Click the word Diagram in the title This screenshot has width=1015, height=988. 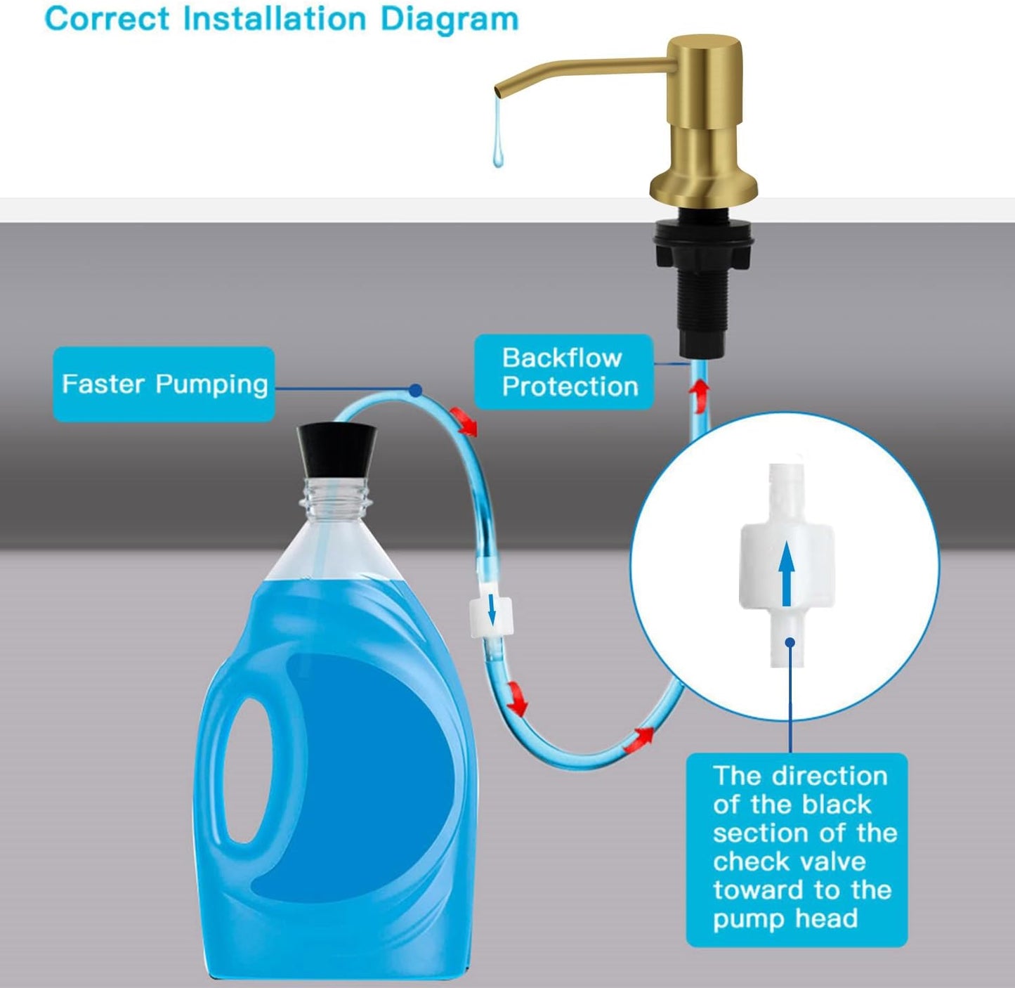449,19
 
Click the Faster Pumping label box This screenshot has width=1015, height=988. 164,384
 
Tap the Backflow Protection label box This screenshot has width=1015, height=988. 564,372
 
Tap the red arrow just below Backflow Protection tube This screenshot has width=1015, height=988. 700,395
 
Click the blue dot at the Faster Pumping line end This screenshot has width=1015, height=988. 416,389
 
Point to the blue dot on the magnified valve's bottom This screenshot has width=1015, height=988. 790,642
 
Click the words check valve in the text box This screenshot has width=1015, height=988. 789,862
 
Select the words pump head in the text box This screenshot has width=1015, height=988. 785,918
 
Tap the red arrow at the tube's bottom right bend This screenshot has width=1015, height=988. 641,736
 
